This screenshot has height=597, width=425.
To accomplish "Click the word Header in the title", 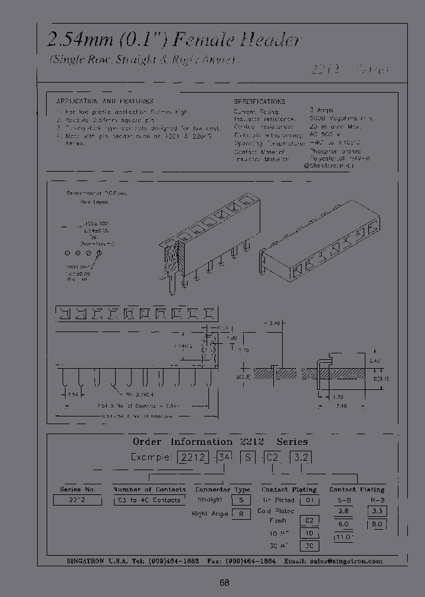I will click(x=270, y=40).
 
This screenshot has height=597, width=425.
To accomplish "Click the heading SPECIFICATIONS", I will click(x=259, y=101).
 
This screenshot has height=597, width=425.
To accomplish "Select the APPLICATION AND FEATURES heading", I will click(x=105, y=101).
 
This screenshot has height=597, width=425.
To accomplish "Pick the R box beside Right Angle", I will click(x=241, y=514).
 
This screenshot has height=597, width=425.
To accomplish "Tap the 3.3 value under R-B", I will click(x=377, y=511).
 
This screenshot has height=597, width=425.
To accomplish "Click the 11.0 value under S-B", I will click(x=344, y=537).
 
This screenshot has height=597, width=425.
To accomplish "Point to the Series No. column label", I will click(x=77, y=489).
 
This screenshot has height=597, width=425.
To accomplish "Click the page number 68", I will click(x=224, y=583).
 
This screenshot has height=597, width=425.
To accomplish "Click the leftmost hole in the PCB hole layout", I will click(x=67, y=253).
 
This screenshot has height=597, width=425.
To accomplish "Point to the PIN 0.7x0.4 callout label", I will click(x=139, y=393).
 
